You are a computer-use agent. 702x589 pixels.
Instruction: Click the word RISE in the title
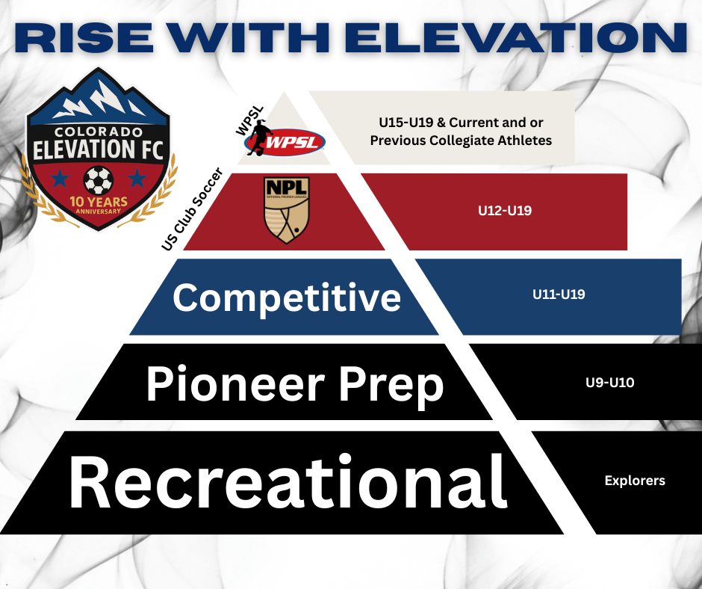tap(84, 37)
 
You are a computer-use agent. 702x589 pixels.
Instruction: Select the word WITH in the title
tap(249, 37)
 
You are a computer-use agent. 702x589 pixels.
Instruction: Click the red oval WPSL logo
tap(285, 143)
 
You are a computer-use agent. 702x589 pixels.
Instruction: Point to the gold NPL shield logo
tap(287, 210)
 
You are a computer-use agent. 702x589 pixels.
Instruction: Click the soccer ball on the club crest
tap(99, 180)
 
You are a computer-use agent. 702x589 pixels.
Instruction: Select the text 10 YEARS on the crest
tap(99, 202)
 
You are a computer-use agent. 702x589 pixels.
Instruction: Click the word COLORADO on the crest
tap(99, 132)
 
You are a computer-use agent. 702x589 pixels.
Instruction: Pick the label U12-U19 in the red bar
tap(505, 211)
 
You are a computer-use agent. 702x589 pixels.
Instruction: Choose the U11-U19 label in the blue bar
tap(559, 294)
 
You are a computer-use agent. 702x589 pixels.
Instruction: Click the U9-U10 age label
tap(610, 383)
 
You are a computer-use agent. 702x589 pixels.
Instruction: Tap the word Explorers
tap(635, 481)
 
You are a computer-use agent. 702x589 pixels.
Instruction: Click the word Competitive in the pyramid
tap(287, 297)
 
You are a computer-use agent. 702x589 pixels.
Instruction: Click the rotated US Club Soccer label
tap(192, 209)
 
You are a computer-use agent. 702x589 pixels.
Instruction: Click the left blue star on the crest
tap(60, 179)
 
